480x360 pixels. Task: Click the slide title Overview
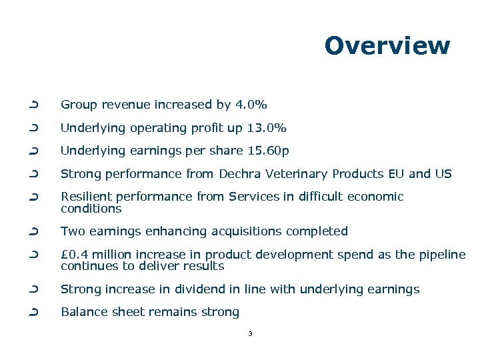387,45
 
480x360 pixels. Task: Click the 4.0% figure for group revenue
251,105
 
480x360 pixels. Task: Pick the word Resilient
83,197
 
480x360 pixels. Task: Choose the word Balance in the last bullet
82,312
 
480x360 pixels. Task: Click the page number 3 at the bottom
249,333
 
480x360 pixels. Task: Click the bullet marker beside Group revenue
33,105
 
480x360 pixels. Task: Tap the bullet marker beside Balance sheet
33,312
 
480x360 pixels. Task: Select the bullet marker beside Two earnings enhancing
33,231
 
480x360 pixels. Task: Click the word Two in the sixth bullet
71,231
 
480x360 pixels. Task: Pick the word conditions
91,209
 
